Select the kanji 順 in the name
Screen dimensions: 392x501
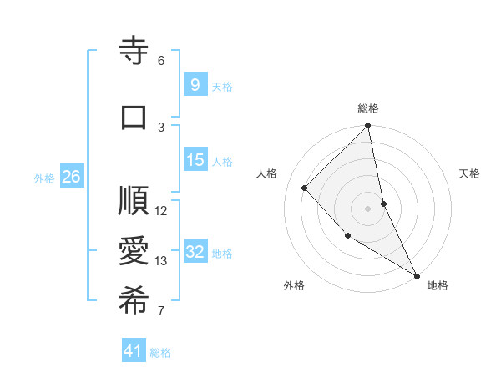pos(134,202)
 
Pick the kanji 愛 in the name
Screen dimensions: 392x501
pos(134,252)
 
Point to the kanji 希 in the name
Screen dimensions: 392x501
pos(134,302)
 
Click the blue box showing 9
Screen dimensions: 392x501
pos(195,84)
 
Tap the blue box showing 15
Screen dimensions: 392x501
pos(195,160)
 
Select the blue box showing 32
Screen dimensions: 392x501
pos(195,252)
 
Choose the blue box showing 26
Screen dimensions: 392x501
pos(71,176)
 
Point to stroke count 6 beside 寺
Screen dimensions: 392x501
pos(160,61)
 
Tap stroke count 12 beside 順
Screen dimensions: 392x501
pos(161,210)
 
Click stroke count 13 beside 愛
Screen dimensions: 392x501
pos(161,261)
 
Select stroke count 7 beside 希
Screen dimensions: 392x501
pos(160,311)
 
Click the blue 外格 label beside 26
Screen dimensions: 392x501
pos(44,178)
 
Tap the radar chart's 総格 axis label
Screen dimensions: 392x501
pos(368,108)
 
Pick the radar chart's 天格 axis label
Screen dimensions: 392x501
pos(470,173)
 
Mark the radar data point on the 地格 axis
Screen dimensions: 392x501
pos(417,274)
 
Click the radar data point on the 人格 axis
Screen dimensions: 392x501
pos(305,188)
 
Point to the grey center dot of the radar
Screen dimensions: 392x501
pos(367,208)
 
